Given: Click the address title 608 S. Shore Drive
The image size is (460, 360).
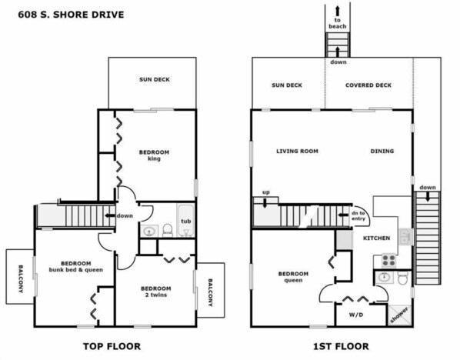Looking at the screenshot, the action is click(71, 15).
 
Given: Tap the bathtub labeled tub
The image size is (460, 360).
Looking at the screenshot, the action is click(185, 220).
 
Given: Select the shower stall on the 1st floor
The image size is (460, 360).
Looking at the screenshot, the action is click(399, 315).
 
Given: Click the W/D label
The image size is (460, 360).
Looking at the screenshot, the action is click(356, 315).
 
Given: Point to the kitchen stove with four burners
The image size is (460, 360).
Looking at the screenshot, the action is click(388, 260).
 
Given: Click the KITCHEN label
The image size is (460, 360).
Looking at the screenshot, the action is click(377, 238).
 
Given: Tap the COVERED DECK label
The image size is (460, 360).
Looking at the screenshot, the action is click(368, 85).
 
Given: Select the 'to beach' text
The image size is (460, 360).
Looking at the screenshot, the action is click(338, 23).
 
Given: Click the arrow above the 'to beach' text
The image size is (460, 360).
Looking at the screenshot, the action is click(338, 11).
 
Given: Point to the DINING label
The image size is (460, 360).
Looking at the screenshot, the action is click(382, 151).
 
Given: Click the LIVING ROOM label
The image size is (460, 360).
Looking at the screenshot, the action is click(297, 151).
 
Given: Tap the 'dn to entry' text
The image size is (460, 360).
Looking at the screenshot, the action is click(358, 216).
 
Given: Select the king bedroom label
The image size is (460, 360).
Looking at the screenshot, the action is click(154, 155).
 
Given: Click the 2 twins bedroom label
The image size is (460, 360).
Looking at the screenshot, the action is click(156, 292).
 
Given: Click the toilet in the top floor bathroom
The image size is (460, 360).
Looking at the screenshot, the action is click(168, 230).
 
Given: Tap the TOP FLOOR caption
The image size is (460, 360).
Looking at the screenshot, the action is click(112, 346).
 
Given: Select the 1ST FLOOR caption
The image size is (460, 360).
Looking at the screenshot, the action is click(342, 346).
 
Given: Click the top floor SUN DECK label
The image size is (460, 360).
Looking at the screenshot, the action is click(155, 79).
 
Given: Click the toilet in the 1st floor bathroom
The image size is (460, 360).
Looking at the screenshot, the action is click(403, 277).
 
